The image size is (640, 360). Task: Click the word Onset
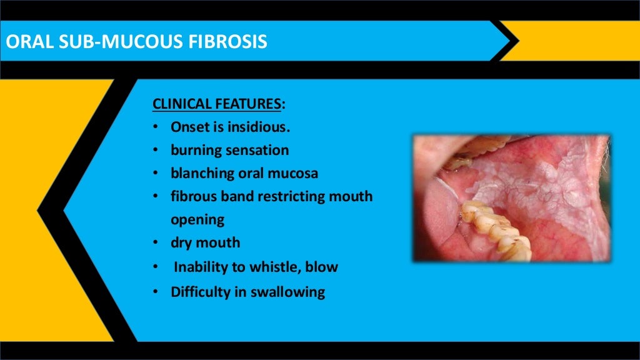190,127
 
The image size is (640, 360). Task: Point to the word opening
197,219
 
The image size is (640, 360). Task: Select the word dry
182,242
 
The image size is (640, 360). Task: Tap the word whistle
278,267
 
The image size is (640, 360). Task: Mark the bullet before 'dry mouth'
154,243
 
